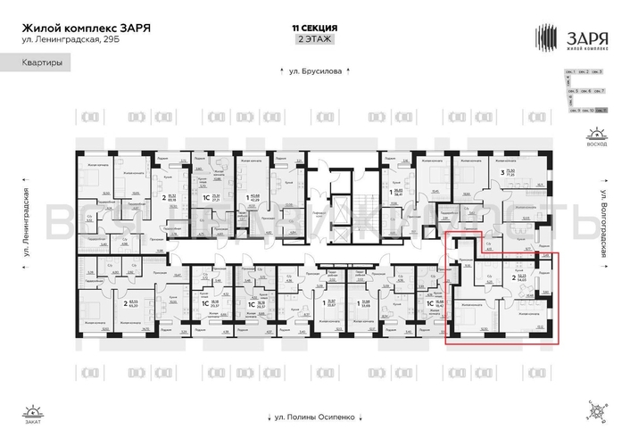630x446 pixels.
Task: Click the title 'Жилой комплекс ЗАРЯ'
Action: pyautogui.click(x=85, y=27)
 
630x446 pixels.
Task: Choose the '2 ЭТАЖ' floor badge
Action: pyautogui.click(x=313, y=40)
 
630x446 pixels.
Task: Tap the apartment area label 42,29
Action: pyautogui.click(x=255, y=199)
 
